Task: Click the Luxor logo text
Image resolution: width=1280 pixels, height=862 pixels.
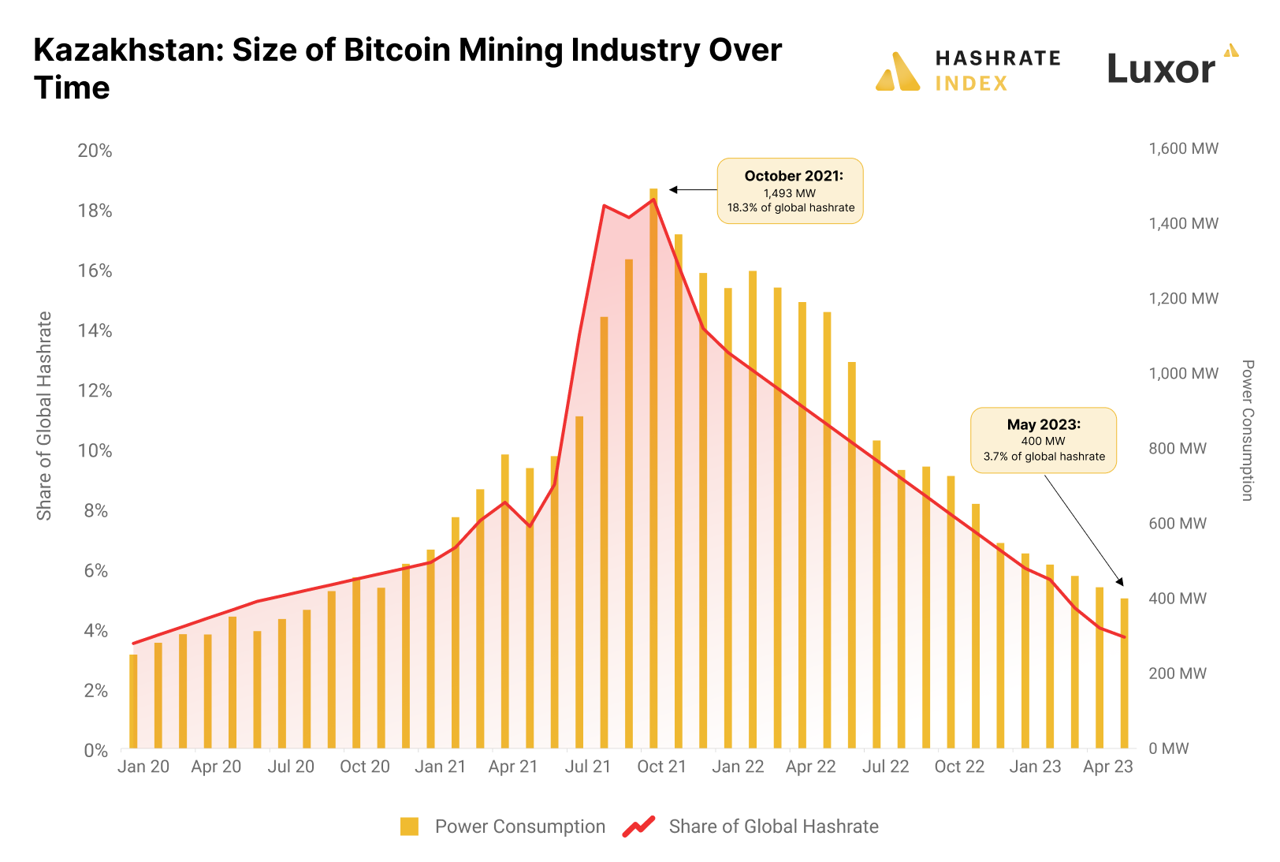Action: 1161,69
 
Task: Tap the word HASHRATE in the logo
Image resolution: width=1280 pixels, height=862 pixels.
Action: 998,58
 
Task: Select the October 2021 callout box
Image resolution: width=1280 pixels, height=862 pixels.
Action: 790,191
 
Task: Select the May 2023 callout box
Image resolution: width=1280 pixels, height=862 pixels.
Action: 1043,440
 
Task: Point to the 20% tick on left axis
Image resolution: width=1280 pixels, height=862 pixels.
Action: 95,151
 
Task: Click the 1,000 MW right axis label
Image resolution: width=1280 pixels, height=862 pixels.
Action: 1183,373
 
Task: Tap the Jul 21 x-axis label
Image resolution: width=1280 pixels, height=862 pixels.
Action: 587,767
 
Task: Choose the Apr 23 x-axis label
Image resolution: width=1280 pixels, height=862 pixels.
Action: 1107,767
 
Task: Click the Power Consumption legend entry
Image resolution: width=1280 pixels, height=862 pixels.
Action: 503,827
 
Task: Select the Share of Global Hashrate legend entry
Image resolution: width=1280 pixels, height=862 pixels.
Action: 750,827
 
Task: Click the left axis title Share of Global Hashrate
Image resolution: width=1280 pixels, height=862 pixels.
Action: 44,416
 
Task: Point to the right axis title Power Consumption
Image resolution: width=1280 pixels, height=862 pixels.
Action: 1247,430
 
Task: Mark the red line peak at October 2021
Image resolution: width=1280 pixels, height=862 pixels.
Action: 653,200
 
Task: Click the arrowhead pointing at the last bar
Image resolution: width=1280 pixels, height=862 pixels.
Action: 1122,582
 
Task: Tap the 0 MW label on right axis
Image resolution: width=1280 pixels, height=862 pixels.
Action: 1168,748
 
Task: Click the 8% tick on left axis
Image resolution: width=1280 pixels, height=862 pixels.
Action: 95,510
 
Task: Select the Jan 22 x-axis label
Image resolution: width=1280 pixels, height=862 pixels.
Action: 738,767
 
